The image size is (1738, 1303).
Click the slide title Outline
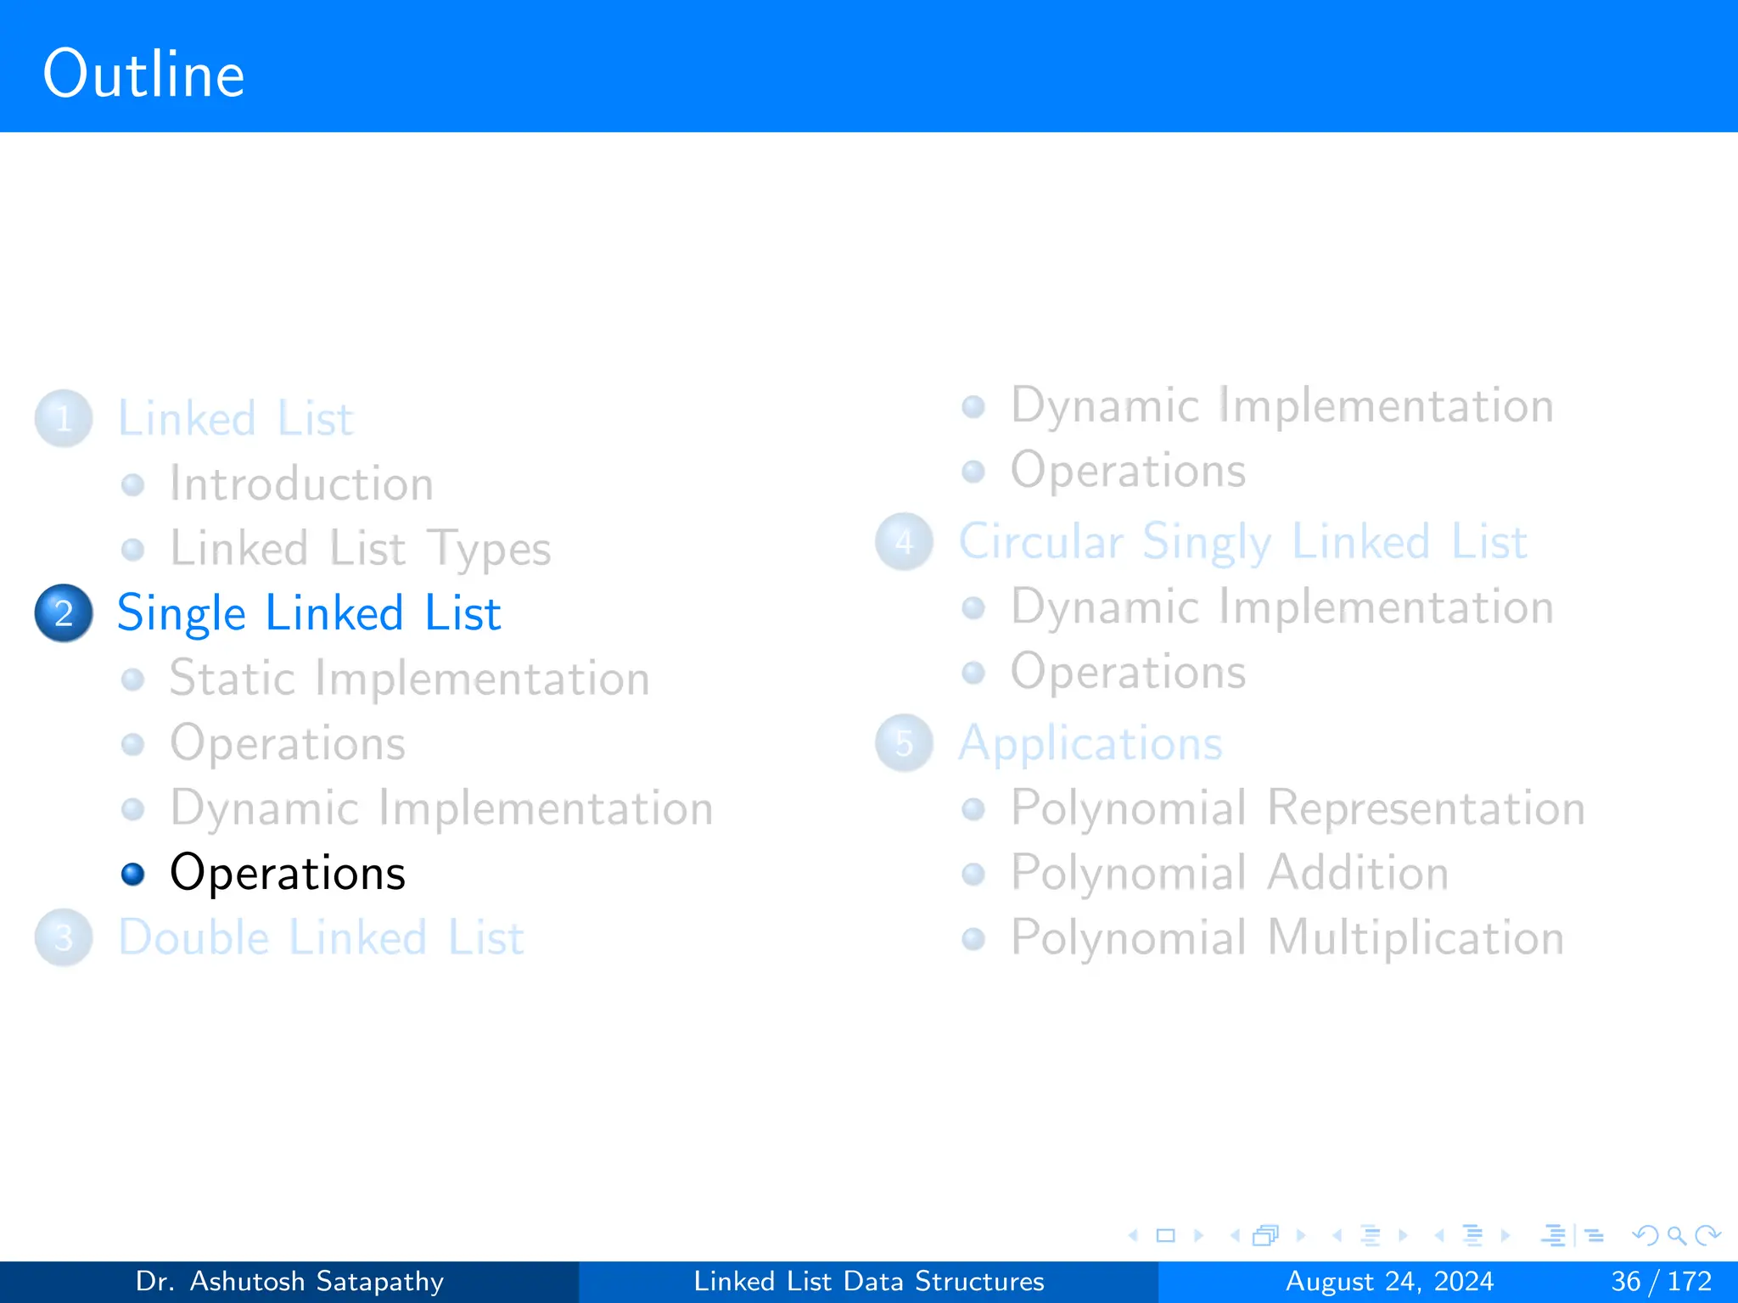(x=143, y=75)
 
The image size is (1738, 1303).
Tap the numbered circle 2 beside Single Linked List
(x=64, y=612)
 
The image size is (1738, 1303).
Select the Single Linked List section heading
(x=309, y=612)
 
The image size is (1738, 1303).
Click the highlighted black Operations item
(x=288, y=873)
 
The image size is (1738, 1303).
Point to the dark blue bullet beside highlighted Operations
(x=132, y=874)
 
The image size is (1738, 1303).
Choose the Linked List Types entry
(x=360, y=548)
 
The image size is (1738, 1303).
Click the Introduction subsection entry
(x=301, y=484)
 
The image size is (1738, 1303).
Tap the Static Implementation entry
(x=409, y=678)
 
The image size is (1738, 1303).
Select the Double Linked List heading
(x=321, y=937)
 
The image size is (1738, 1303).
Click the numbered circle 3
(x=64, y=937)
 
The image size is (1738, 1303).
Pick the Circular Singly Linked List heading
(x=1243, y=541)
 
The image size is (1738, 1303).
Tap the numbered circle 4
(x=904, y=541)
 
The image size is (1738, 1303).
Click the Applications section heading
(x=1090, y=743)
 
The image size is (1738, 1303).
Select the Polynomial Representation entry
(x=1298, y=808)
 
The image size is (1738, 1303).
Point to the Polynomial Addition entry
(x=1230, y=872)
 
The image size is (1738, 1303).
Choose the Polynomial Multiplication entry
(x=1287, y=937)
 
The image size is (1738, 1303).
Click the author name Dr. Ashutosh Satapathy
(x=289, y=1281)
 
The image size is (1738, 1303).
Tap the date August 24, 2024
(x=1389, y=1281)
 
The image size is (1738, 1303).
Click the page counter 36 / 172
(x=1661, y=1281)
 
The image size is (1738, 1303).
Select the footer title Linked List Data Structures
(x=869, y=1281)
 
